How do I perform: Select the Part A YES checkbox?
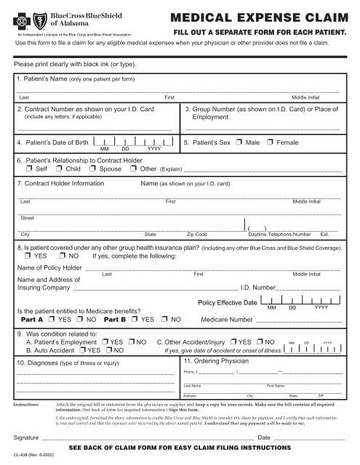(52, 318)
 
